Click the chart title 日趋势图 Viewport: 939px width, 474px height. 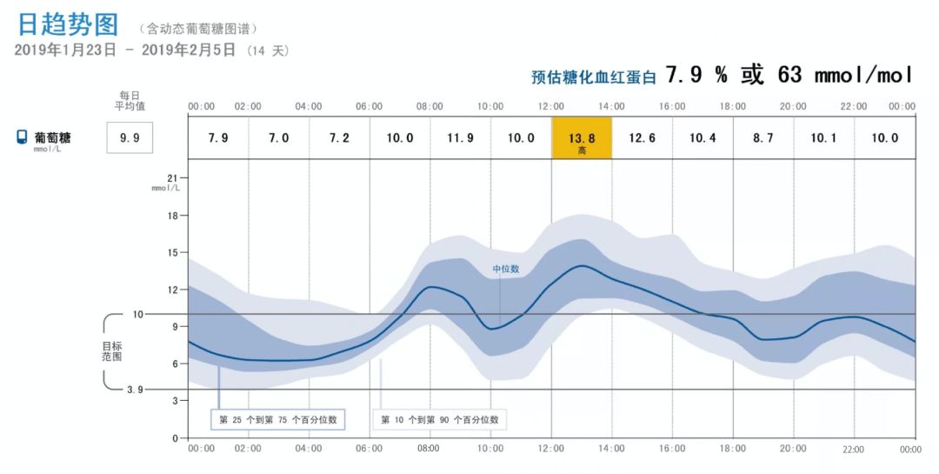tap(68, 24)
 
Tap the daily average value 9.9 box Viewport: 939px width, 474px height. tap(130, 137)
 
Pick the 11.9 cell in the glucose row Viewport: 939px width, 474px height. tap(461, 138)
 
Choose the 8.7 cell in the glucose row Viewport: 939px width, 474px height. tap(763, 138)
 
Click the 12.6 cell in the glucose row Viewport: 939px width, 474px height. tap(642, 138)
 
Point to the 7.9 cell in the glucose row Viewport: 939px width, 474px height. tap(218, 138)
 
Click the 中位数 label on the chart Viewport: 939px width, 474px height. tap(506, 269)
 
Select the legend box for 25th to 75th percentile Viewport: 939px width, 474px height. tap(278, 419)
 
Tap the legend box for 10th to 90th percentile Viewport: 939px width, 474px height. tap(440, 419)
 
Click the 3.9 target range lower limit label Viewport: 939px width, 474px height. tap(135, 390)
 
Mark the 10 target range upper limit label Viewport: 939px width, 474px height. tap(137, 314)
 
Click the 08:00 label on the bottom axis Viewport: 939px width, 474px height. tap(429, 449)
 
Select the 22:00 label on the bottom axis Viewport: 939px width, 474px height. tap(854, 450)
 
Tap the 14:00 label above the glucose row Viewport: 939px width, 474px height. tap(611, 106)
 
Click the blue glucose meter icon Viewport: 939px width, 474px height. tap(23, 137)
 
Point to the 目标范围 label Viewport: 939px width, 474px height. tap(111, 350)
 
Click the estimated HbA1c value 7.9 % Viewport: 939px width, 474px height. tap(696, 76)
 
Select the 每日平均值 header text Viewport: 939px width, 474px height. tap(130, 101)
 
